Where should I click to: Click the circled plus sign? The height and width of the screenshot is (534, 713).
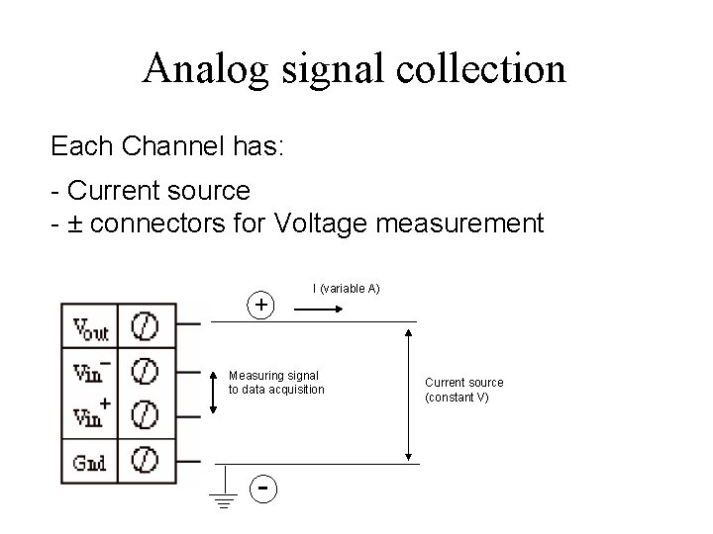(x=260, y=306)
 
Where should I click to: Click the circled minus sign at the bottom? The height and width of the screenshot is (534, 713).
(x=261, y=488)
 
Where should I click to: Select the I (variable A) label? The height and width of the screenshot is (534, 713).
(x=347, y=289)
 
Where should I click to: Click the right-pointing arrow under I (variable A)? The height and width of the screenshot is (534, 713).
(x=319, y=310)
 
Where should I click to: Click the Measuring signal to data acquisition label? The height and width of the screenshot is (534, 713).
(x=276, y=383)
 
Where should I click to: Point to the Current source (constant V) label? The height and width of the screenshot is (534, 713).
(x=463, y=390)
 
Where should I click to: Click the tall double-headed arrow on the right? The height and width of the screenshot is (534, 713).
(x=409, y=393)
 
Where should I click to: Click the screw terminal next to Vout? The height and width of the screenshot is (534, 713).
(x=147, y=325)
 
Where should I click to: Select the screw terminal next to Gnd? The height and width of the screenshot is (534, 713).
(x=147, y=460)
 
